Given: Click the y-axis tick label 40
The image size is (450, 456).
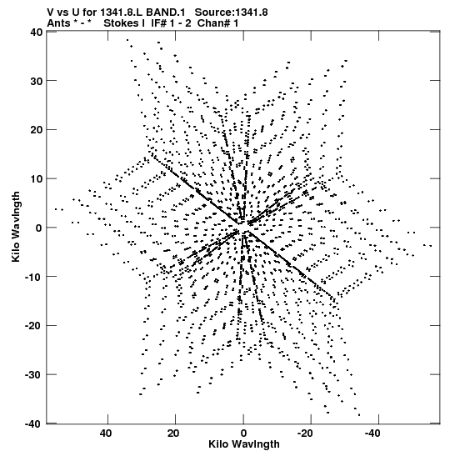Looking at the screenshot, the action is [x=36, y=32].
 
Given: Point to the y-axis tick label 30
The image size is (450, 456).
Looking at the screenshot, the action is [x=36, y=81].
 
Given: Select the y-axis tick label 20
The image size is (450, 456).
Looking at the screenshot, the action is [x=36, y=130].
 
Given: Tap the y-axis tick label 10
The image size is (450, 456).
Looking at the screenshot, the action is [x=36, y=179].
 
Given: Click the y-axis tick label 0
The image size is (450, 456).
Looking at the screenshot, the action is [x=39, y=228].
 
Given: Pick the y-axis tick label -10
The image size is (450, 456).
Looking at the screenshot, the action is [x=33, y=277].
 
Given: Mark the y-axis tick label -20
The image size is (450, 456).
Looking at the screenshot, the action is [x=33, y=326].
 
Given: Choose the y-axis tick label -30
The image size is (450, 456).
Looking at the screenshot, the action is [x=33, y=375].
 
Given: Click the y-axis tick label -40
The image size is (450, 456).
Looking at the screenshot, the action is [x=33, y=424].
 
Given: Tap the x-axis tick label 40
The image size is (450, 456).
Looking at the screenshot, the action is [x=105, y=433].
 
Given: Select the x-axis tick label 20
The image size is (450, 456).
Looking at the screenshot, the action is [x=173, y=433].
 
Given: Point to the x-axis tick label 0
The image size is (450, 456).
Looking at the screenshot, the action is [x=243, y=433].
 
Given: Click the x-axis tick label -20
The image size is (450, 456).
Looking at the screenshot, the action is [x=305, y=433].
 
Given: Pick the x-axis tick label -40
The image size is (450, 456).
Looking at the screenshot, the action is [x=372, y=433].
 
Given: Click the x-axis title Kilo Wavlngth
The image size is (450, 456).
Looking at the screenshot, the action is [x=244, y=444].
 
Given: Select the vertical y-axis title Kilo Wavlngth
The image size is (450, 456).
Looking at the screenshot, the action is [x=17, y=227].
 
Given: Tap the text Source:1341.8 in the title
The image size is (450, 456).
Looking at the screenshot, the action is [x=231, y=13].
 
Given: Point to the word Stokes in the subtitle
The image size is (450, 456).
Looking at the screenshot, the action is [x=122, y=23].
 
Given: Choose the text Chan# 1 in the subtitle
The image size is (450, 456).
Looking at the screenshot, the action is [x=217, y=23].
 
